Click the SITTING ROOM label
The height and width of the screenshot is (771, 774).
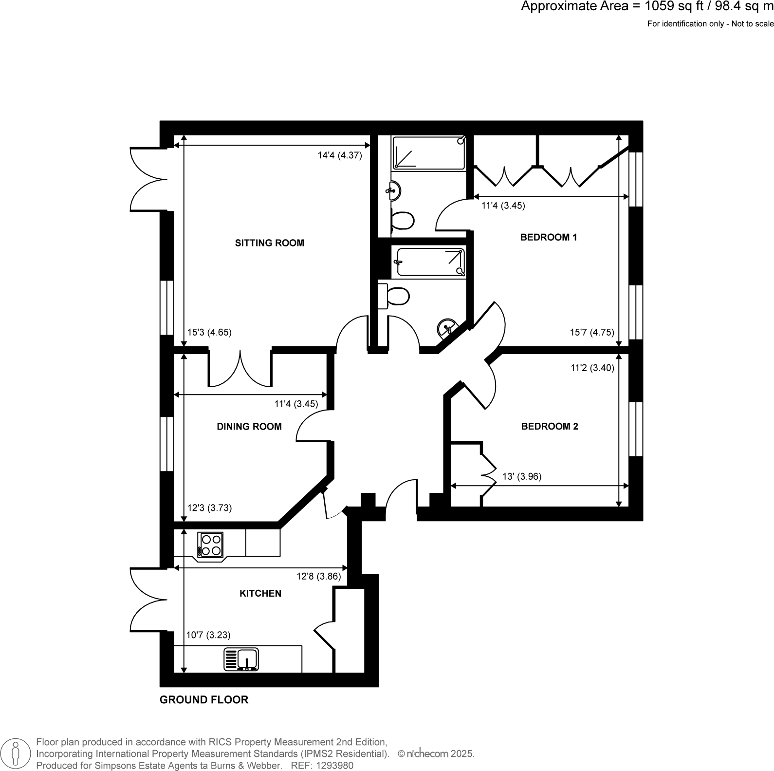tap(269, 243)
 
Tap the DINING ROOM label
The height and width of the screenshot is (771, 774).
tap(249, 426)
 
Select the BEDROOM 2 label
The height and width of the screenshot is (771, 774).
tap(549, 426)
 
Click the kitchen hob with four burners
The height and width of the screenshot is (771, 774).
tap(211, 545)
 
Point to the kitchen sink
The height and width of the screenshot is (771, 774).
tap(242, 659)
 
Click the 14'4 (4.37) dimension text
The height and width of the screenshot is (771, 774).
tap(339, 155)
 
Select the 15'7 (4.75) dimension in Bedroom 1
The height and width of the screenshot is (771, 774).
tap(591, 332)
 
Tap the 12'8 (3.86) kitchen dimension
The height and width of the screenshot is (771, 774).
tap(318, 576)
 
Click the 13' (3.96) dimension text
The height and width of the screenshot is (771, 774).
tap(521, 476)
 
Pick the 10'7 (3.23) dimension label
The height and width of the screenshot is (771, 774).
tap(208, 635)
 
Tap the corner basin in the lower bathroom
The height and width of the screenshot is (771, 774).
tap(446, 328)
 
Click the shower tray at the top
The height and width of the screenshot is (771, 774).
tap(428, 153)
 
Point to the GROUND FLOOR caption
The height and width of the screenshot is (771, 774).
tap(203, 699)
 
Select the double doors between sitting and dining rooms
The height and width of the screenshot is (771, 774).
tap(240, 369)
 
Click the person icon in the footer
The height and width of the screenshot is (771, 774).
tap(16, 753)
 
